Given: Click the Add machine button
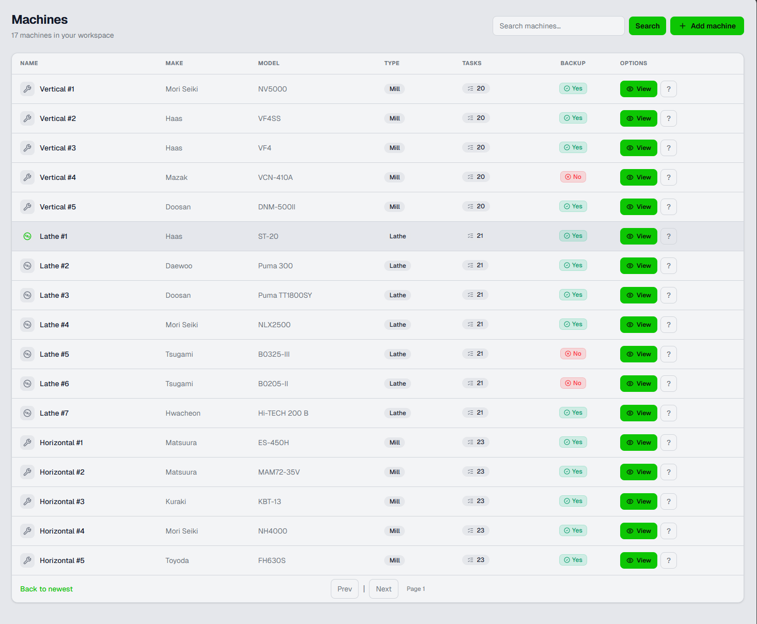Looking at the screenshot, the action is [707, 26].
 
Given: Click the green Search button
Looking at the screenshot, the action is [647, 26].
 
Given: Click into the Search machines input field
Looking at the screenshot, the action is [559, 26].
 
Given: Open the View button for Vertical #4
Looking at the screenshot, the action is [638, 177].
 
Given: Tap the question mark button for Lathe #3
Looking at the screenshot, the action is [668, 295].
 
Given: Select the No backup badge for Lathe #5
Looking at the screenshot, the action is [573, 354].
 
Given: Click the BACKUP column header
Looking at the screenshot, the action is [573, 63].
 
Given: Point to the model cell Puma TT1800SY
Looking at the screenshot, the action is [285, 295].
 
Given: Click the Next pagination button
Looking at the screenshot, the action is [383, 589].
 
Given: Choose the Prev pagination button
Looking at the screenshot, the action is [344, 589].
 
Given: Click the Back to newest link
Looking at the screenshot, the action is [46, 589].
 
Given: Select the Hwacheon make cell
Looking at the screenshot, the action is [183, 413].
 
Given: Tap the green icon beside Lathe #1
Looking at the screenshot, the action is [27, 236].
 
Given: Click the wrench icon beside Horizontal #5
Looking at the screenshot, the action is [27, 560].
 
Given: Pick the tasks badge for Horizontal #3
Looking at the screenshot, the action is [476, 501].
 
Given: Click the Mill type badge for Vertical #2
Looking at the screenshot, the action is [395, 118].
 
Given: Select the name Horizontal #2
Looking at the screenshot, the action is [62, 472].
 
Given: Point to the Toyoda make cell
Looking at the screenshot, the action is [177, 560].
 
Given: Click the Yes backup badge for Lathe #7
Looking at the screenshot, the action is [573, 413].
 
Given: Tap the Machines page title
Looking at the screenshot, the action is [39, 20].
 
